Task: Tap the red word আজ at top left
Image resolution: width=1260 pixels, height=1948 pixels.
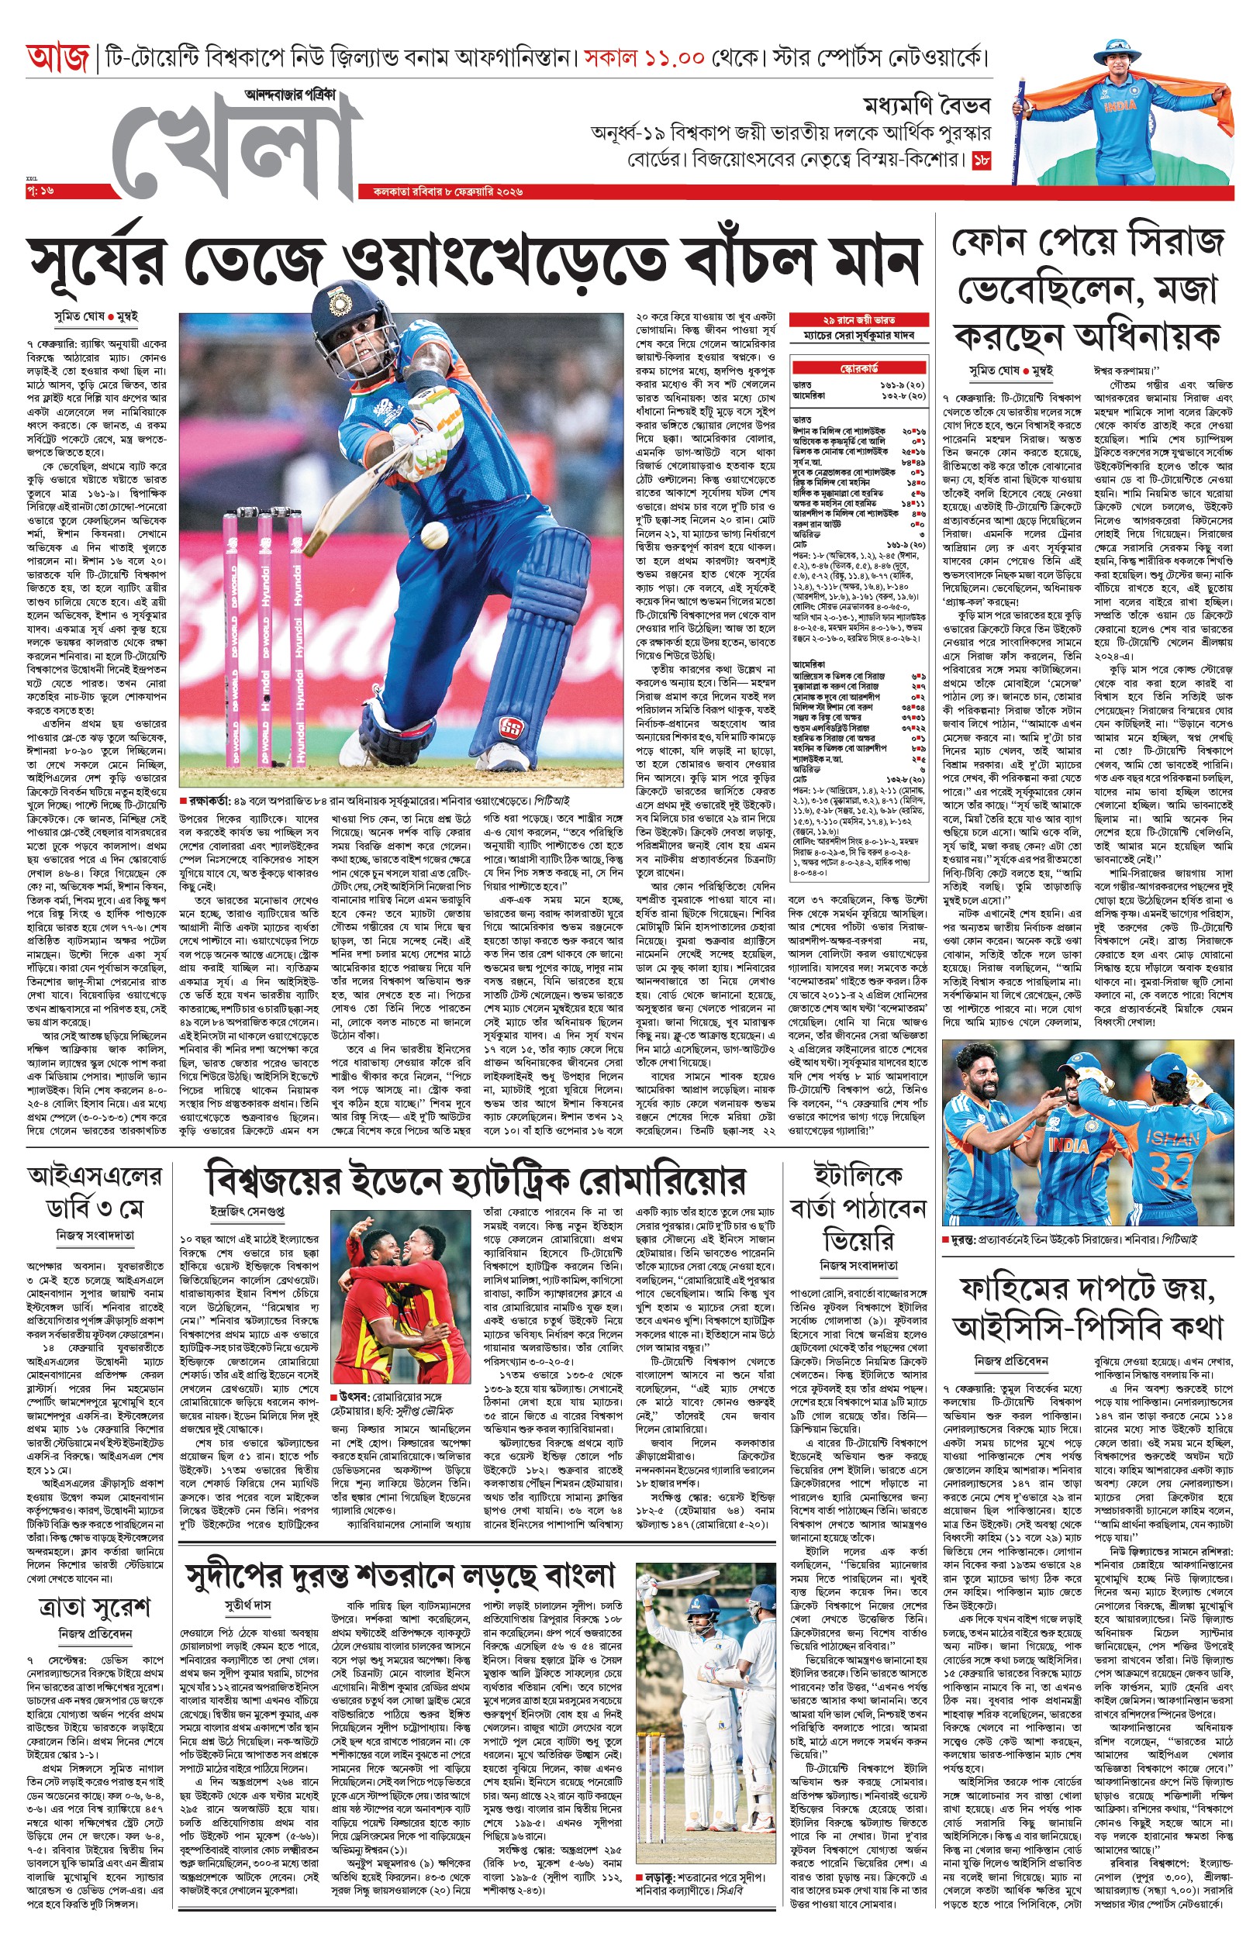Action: tap(57, 59)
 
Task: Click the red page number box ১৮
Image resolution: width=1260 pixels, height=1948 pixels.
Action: tap(981, 161)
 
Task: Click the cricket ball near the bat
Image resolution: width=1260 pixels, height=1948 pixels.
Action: tap(433, 536)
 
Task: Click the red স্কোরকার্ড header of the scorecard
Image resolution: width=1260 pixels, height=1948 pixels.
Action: tap(859, 369)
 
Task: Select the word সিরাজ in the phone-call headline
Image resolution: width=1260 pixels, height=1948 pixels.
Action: tap(1174, 243)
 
